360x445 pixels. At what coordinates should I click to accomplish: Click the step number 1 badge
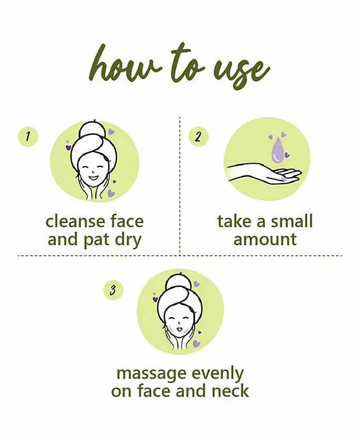(x=28, y=137)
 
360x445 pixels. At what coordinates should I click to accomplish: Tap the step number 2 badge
(x=198, y=137)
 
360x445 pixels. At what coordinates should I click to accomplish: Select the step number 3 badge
(x=113, y=290)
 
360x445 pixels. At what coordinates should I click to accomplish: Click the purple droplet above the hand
(x=277, y=151)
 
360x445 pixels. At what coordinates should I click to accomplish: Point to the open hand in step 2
(x=264, y=173)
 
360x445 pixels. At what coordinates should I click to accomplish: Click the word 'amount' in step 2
(x=265, y=240)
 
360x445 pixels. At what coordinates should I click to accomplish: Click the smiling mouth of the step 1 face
(x=93, y=178)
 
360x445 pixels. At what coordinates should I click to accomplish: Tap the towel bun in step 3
(x=176, y=282)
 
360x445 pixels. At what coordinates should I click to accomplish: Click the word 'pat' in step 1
(x=97, y=240)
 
